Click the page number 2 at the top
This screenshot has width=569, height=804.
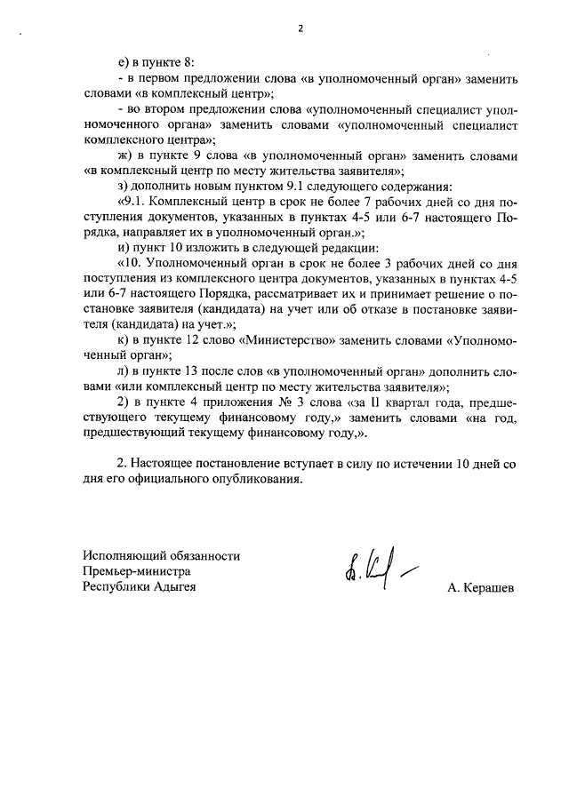pyautogui.click(x=301, y=28)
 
